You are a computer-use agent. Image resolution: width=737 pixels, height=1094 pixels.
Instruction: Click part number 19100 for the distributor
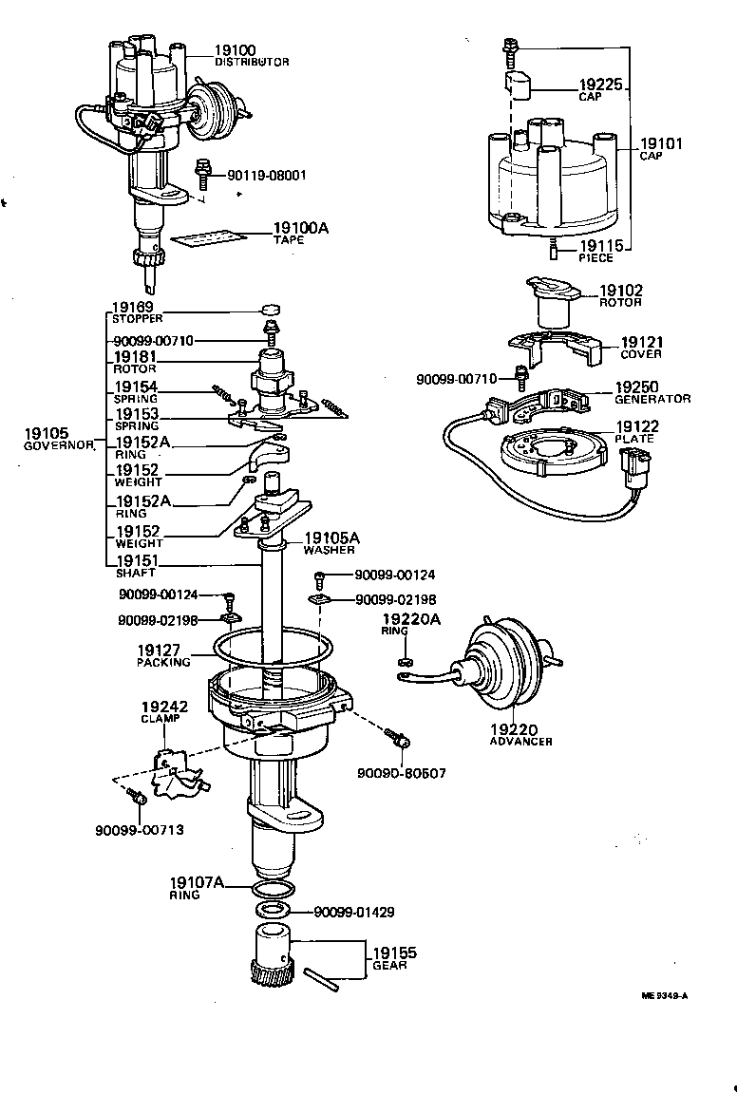click(236, 50)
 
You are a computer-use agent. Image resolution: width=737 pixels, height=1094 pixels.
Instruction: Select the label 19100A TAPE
click(300, 233)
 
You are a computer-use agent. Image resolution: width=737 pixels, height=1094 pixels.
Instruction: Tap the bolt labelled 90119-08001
click(202, 174)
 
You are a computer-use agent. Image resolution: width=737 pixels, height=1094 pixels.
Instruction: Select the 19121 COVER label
click(642, 347)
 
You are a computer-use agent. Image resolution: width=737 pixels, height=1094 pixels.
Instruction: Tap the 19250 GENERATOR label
click(651, 392)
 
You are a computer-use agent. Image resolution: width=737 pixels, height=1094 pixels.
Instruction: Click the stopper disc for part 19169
click(271, 310)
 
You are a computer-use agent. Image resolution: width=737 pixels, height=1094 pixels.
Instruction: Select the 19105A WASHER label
click(329, 542)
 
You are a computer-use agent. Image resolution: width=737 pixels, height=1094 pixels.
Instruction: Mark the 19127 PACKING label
click(163, 654)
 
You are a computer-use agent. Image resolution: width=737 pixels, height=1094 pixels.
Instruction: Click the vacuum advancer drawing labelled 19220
click(509, 670)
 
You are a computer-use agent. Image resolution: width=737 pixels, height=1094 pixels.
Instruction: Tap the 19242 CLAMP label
click(164, 712)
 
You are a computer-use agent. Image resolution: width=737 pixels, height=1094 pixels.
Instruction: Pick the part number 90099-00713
click(139, 829)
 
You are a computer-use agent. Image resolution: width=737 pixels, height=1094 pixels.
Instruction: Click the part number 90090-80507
click(402, 773)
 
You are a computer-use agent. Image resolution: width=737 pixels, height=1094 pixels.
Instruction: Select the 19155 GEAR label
click(393, 957)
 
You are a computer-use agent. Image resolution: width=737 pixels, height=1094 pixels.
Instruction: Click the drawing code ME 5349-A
click(664, 996)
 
